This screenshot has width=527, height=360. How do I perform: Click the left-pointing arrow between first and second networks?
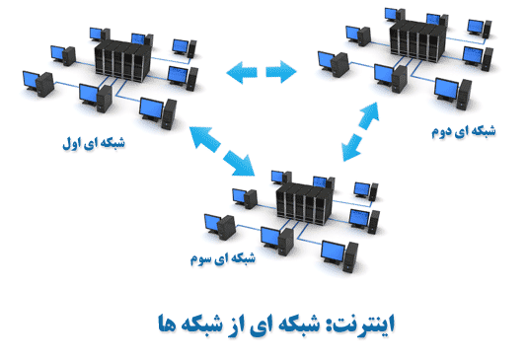coord(242,72)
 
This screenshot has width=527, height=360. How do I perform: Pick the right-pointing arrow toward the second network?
coord(281,72)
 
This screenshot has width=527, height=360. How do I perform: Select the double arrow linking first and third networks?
coord(222,151)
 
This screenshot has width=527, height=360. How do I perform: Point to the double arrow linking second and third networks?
coord(360,131)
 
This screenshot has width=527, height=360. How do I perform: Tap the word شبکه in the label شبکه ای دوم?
coord(483,130)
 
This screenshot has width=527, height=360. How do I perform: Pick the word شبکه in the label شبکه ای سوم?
coord(243,257)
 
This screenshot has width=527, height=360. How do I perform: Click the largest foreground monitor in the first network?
coord(152,109)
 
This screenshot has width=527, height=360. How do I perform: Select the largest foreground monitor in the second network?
coord(446,90)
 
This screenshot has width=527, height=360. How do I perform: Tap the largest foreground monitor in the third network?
coord(334,252)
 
